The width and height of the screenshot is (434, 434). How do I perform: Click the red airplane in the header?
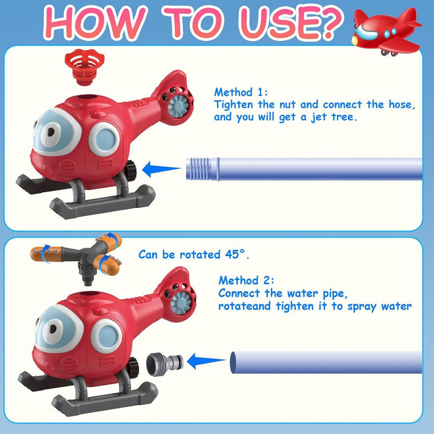[x=386, y=32]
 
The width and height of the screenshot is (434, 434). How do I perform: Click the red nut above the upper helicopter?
[x=85, y=67]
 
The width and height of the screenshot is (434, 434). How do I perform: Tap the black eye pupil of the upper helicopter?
[x=51, y=132]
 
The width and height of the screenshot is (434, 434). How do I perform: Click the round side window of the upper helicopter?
[x=104, y=139]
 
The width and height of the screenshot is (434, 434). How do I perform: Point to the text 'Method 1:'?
[x=241, y=92]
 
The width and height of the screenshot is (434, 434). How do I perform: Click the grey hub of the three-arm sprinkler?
[x=88, y=256]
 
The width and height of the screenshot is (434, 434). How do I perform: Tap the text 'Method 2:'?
[x=246, y=280]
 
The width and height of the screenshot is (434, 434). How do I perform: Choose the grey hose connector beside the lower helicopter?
[x=165, y=363]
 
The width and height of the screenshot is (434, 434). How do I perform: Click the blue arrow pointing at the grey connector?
[x=207, y=361]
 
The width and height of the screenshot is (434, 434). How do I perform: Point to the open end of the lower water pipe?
[x=233, y=362]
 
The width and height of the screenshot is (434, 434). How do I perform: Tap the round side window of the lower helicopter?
[x=106, y=336]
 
